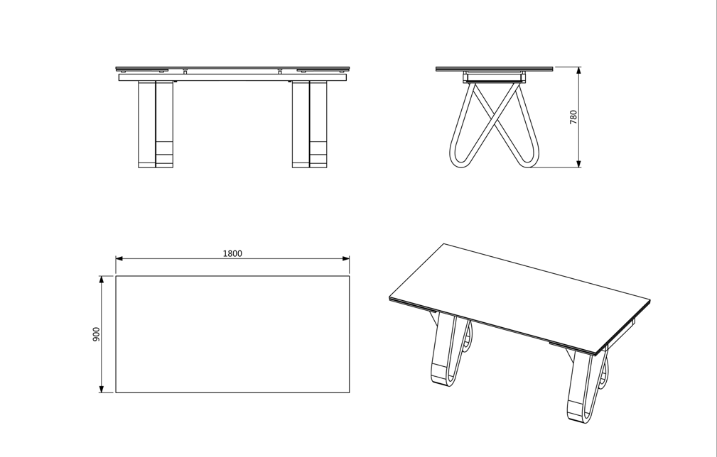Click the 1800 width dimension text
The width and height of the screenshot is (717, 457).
click(x=232, y=253)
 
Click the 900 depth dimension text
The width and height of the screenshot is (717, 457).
click(x=97, y=334)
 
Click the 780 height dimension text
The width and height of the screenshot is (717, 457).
click(x=573, y=117)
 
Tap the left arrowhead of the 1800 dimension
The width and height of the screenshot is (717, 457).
click(x=119, y=258)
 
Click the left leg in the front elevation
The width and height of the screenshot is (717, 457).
click(x=156, y=124)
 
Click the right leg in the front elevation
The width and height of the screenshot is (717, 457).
click(x=309, y=124)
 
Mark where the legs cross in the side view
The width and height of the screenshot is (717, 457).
click(x=495, y=111)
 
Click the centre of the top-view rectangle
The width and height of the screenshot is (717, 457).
click(x=232, y=334)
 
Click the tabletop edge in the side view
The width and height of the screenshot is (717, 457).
click(x=494, y=69)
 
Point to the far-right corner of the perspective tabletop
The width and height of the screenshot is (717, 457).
click(x=649, y=300)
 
